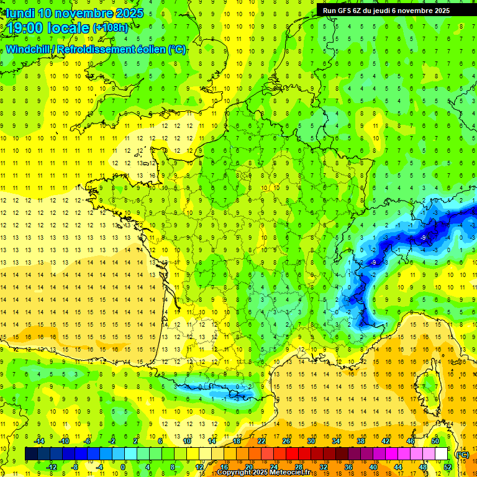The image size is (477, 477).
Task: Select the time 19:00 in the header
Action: [25, 27]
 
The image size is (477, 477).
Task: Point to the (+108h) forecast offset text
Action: [111, 28]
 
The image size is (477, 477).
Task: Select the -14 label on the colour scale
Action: [40, 441]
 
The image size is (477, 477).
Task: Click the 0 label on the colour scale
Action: [124, 466]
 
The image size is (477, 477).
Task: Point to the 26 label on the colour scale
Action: [287, 441]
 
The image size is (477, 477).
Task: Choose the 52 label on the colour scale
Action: [447, 466]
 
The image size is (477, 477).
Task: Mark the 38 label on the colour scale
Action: [361, 441]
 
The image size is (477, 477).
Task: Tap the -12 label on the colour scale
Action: [52, 466]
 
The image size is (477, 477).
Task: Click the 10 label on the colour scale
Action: [188, 441]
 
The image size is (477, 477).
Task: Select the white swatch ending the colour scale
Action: [441, 453]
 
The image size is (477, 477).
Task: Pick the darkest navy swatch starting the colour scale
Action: [31, 453]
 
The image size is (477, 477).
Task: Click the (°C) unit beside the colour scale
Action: [462, 454]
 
